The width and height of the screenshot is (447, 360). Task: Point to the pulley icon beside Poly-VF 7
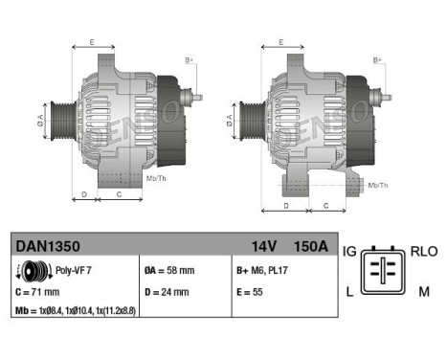[x=27, y=271]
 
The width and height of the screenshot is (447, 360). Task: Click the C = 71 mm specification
[x=38, y=292]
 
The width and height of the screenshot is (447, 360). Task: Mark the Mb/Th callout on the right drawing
[x=378, y=184]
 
